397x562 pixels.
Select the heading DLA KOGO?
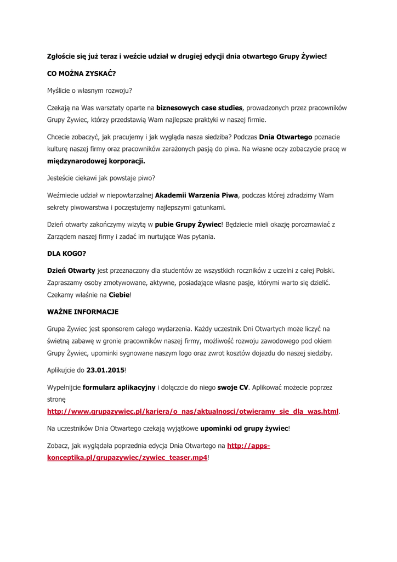66,254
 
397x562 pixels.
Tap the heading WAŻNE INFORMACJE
82,312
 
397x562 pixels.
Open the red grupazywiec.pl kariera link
193,411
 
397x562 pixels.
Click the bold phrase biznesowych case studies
199,107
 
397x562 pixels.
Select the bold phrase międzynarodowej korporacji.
96,161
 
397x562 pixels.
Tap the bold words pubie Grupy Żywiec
188,224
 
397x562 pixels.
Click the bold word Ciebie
119,295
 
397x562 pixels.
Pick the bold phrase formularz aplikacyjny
119,387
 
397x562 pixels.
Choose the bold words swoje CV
233,387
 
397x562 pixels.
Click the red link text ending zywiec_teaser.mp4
127,457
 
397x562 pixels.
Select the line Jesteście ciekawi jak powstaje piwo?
101,178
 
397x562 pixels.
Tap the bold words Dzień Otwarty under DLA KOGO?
71,271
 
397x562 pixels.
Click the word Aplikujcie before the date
62,370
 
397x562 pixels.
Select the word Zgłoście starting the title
63,56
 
